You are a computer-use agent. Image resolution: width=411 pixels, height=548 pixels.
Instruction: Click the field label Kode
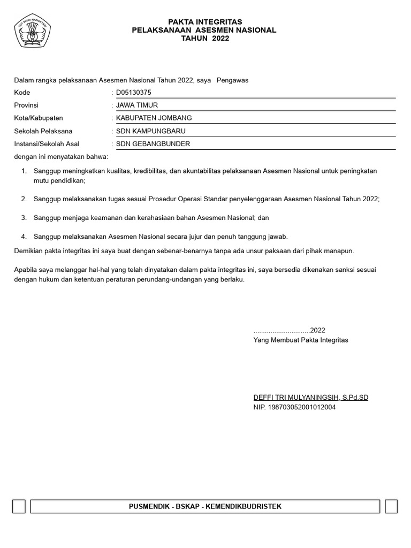(x=22, y=92)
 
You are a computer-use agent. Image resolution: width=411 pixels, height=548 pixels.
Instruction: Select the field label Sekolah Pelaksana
(x=43, y=131)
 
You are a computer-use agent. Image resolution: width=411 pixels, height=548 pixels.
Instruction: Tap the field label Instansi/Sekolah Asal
(x=47, y=144)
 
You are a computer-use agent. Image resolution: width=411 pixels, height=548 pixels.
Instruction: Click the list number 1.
(x=24, y=171)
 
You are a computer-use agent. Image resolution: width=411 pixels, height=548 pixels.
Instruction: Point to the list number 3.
(x=24, y=218)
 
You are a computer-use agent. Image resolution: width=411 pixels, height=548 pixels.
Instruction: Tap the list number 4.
(x=24, y=236)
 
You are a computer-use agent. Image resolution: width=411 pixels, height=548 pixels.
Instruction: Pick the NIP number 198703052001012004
(x=302, y=407)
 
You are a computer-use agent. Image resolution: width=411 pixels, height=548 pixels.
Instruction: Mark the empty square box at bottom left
(x=19, y=506)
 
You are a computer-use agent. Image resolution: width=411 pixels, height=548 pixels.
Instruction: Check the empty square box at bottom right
(x=391, y=506)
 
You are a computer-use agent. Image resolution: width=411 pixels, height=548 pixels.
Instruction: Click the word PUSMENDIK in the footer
(x=148, y=506)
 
